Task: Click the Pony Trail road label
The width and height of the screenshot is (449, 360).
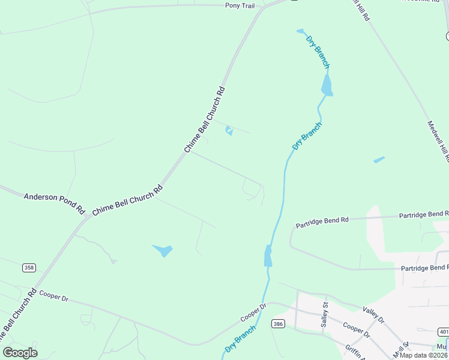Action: click(240, 5)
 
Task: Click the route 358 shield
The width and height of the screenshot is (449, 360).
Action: click(29, 267)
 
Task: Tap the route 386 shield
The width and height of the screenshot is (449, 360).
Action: click(277, 324)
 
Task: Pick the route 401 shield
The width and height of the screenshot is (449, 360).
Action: click(443, 331)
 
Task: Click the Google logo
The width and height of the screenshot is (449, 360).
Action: click(20, 352)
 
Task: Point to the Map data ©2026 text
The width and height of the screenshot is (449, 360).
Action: click(424, 355)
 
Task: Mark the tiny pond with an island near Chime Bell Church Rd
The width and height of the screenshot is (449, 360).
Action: click(229, 130)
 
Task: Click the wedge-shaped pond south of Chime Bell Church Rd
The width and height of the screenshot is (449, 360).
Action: click(163, 250)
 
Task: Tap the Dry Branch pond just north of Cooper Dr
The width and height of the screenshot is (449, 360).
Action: click(268, 256)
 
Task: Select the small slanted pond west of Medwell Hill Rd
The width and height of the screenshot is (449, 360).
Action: click(379, 160)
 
